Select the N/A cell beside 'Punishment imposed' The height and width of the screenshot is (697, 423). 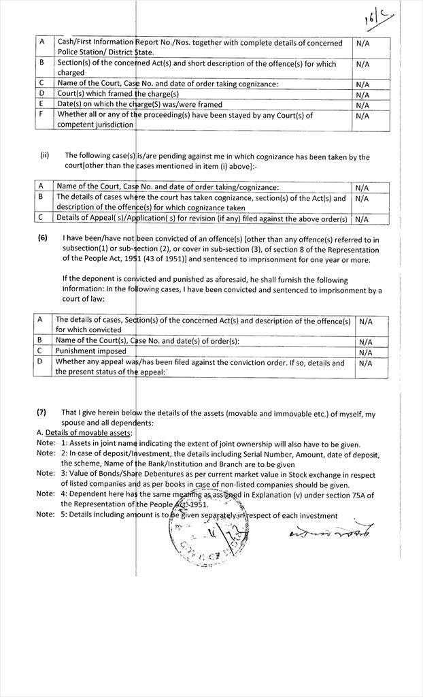(365, 352)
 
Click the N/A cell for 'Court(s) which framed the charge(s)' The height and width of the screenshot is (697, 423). (362, 95)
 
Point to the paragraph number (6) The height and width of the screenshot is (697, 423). (42, 239)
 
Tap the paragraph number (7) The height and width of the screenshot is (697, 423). (42, 412)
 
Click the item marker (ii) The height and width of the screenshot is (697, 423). (45, 155)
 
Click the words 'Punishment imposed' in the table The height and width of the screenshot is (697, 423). (91, 351)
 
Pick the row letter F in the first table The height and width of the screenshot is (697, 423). (41, 115)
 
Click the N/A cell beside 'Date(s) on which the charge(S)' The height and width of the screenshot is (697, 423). (362, 105)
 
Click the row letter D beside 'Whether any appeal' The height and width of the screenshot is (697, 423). (40, 362)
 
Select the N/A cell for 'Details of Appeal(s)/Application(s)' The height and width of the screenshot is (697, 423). (362, 219)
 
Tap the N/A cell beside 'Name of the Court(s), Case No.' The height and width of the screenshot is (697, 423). (365, 342)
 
